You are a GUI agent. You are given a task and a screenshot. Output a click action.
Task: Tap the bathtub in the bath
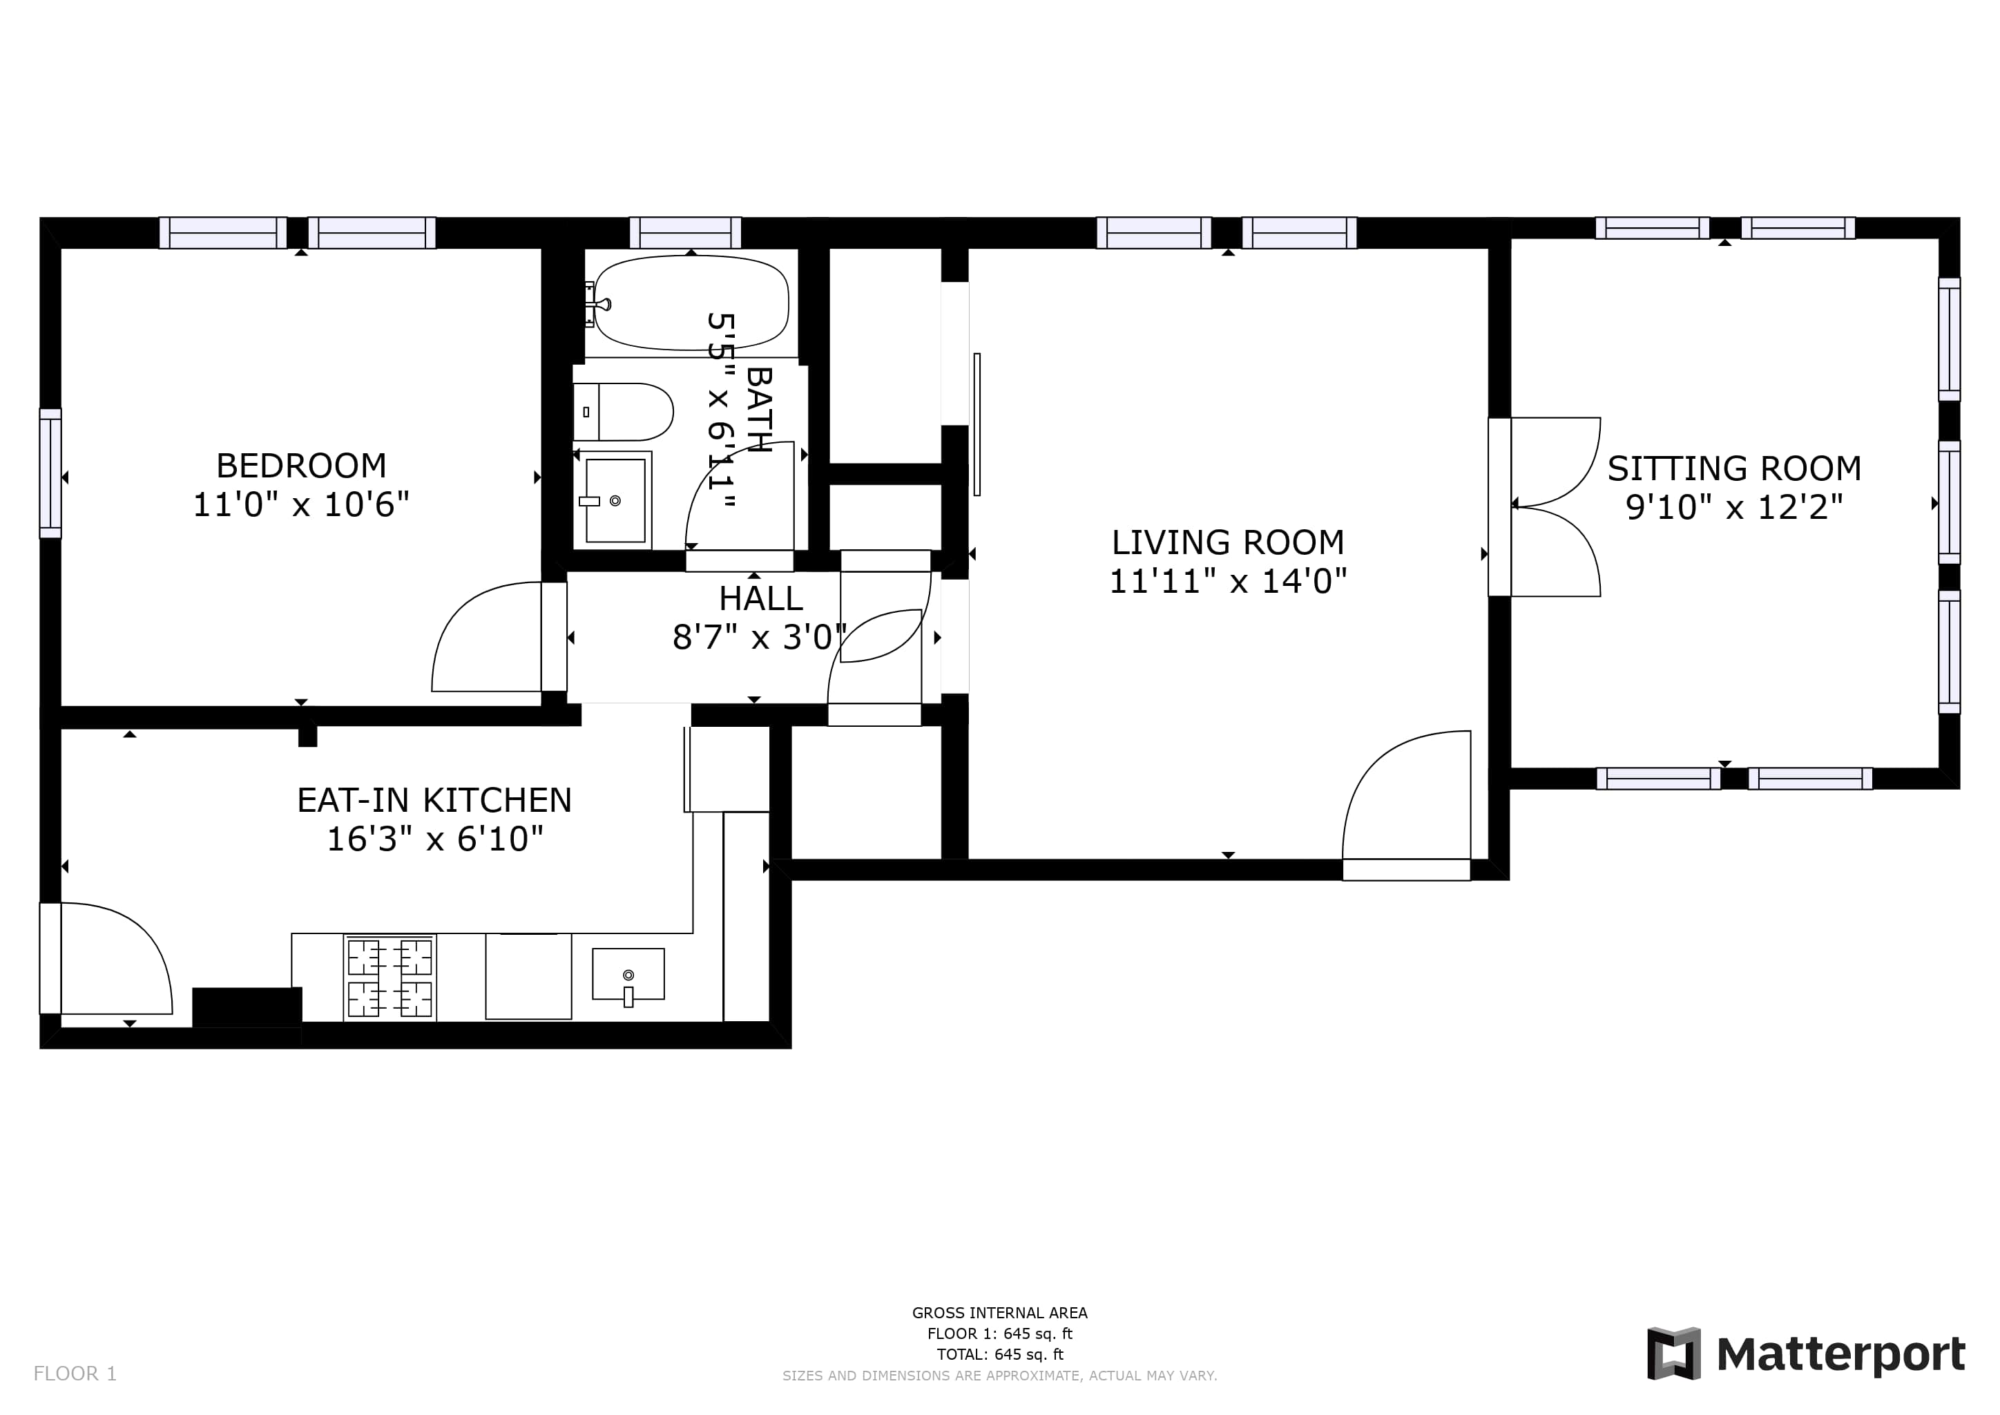(691, 303)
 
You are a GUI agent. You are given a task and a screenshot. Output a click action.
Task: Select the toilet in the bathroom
(624, 412)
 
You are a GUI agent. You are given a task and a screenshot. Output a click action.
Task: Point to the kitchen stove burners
(390, 978)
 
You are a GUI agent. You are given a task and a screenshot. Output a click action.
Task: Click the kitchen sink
(628, 975)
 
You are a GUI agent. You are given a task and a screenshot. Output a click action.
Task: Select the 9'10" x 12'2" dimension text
(1734, 507)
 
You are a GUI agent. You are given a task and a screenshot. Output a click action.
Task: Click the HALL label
(760, 598)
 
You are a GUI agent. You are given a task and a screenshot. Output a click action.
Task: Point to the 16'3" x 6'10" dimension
(434, 839)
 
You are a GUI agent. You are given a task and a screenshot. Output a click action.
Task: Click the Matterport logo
(1806, 1353)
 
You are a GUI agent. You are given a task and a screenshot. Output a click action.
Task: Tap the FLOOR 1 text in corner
(75, 1374)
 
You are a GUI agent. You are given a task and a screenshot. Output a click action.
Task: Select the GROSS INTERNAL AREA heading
(1000, 1313)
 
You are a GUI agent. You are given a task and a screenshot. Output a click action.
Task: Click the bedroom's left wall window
(50, 473)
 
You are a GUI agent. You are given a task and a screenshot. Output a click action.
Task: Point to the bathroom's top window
(686, 233)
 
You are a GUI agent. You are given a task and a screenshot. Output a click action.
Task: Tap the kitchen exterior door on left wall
(50, 958)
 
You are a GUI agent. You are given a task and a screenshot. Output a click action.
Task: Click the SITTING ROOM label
(1734, 468)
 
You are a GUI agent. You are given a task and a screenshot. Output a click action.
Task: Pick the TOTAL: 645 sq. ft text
(1000, 1355)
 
